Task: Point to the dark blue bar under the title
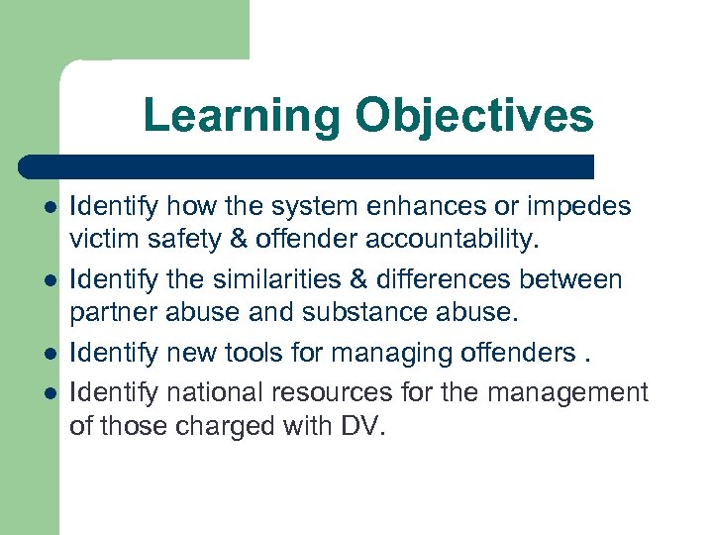tap(307, 166)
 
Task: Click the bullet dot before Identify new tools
tap(50, 354)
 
